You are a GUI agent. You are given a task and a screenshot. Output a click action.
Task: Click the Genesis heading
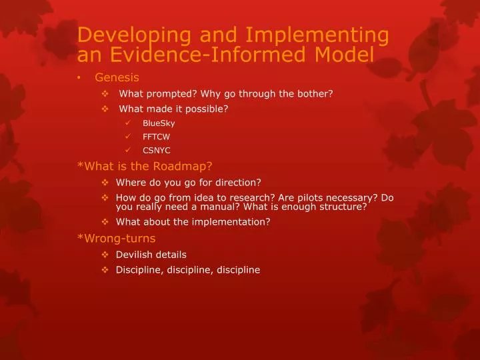[x=117, y=77]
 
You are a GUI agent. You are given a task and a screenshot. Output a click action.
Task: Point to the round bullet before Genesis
[x=80, y=77]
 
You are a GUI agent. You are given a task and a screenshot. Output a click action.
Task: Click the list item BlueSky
[x=159, y=123]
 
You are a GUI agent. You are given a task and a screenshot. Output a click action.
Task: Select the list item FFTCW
[x=157, y=137]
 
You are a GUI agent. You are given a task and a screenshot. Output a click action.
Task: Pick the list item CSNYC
[x=157, y=151]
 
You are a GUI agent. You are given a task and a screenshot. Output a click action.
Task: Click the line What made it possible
[x=173, y=109]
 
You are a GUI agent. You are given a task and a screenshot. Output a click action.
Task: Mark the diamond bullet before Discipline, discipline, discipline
[x=105, y=270]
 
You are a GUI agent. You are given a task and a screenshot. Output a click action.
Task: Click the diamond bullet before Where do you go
[x=105, y=182]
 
